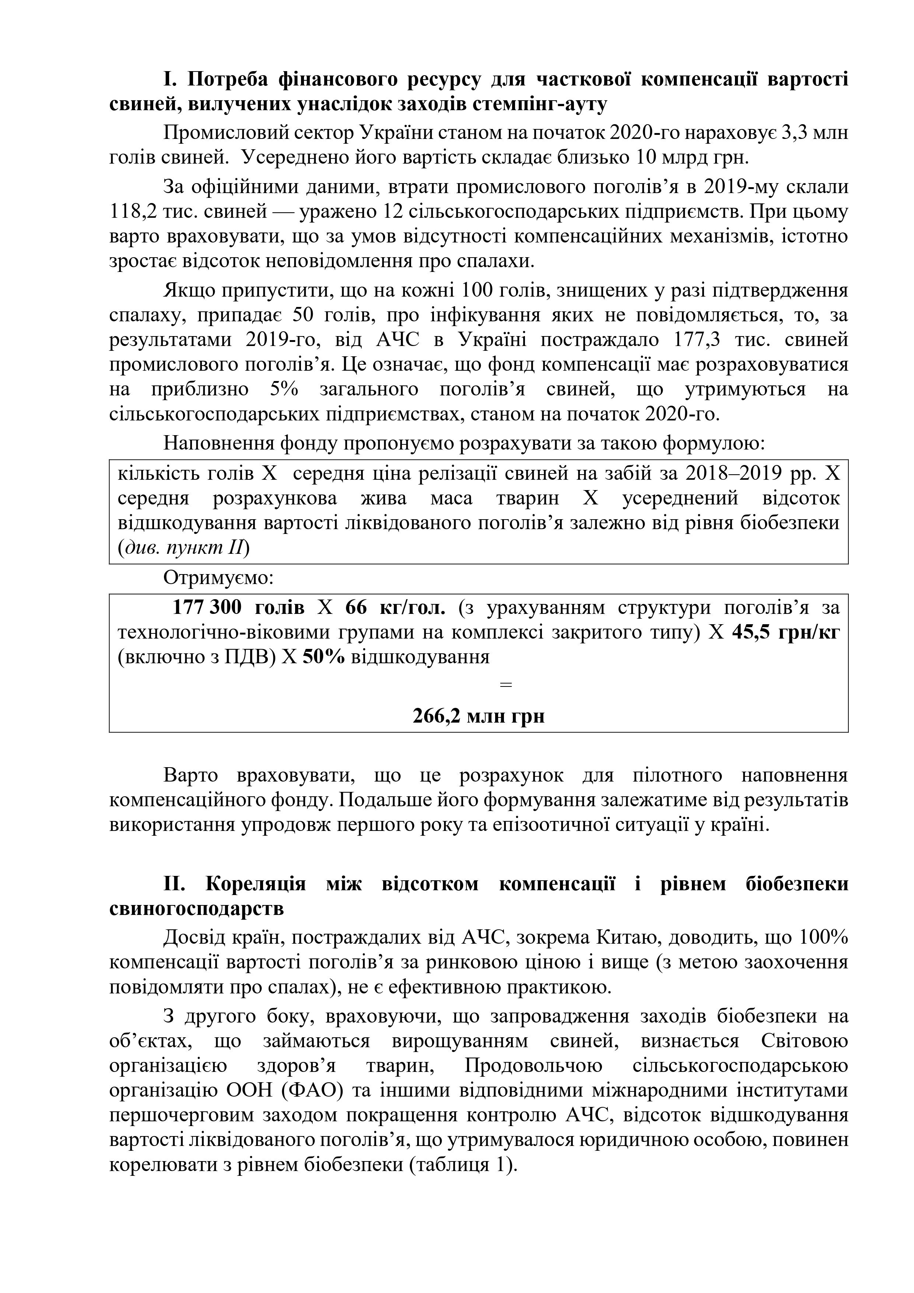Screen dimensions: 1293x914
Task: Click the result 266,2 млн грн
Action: (x=479, y=716)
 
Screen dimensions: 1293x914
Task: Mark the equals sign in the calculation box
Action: (x=506, y=685)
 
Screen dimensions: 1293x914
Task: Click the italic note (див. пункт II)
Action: (x=183, y=548)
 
